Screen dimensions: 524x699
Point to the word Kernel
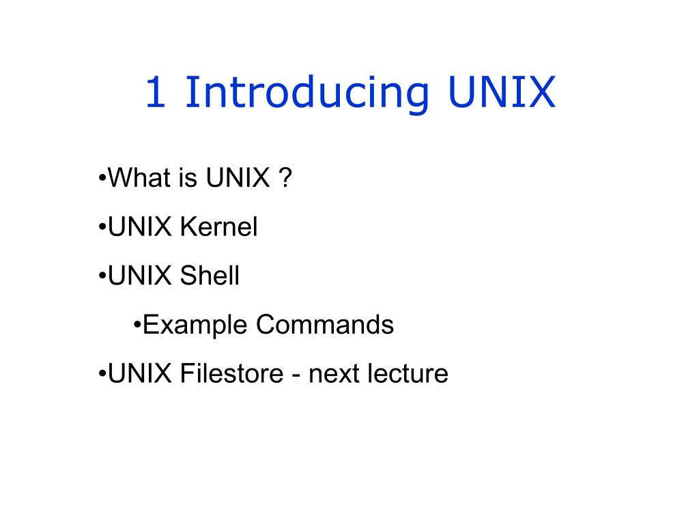tap(218, 228)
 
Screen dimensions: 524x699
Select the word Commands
tap(325, 325)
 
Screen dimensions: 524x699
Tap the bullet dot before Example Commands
tap(137, 325)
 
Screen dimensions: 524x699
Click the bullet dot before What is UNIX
tap(102, 179)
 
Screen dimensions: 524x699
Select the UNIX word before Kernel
tap(140, 228)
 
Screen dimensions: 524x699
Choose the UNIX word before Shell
tap(140, 276)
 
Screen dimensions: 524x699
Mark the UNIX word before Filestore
tap(140, 374)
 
